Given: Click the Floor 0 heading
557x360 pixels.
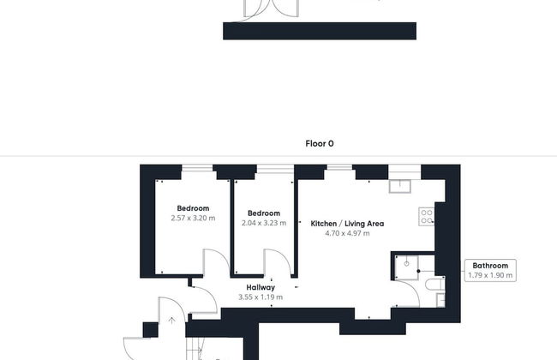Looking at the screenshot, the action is [x=320, y=144].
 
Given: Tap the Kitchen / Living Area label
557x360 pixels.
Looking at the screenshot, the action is [x=347, y=224].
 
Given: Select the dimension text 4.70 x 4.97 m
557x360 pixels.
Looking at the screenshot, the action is [x=347, y=233].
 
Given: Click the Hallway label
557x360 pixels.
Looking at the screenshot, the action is [x=261, y=287].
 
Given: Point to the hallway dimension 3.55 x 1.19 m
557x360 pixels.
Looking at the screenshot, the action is [x=261, y=297].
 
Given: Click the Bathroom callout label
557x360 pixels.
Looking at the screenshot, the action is [x=490, y=266].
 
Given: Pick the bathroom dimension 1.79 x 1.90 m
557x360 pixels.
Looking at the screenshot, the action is [x=490, y=275].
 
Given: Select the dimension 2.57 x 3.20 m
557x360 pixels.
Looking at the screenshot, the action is [x=193, y=218].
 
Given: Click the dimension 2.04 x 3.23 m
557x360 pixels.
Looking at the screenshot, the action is [x=264, y=223].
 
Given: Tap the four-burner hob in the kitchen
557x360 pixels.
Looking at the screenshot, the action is [x=427, y=216].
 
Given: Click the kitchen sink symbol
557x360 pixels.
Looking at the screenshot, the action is [x=400, y=186].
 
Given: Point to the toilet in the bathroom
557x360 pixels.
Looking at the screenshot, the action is [x=434, y=284].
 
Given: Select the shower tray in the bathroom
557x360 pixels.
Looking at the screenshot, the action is [x=407, y=267].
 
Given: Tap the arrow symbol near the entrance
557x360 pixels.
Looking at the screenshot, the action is [x=172, y=321].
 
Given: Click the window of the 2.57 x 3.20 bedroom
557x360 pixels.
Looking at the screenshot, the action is [x=197, y=168].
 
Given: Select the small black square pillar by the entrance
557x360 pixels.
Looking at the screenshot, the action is [x=151, y=330].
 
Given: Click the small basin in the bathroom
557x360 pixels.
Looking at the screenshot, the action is [x=440, y=300].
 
